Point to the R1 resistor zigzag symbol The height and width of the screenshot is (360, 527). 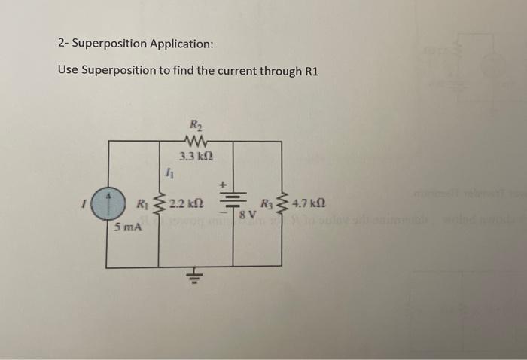tap(159, 203)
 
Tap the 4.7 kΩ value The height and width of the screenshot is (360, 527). tap(309, 203)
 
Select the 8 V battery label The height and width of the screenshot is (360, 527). tap(248, 215)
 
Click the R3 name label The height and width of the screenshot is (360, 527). tap(267, 203)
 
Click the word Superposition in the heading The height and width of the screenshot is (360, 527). tap(110, 44)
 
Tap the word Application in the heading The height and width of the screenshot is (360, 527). tap(181, 44)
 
